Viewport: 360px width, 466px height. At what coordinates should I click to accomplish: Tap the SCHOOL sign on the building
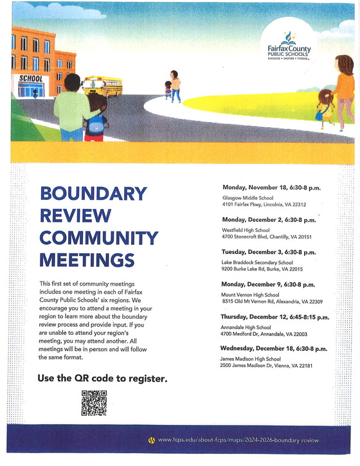pos(31,78)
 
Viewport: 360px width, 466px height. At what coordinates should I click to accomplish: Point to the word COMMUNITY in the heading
pos(98,238)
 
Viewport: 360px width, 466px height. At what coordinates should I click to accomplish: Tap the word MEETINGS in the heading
pos(87,260)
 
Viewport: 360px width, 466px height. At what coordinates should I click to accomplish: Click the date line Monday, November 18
pos(271,188)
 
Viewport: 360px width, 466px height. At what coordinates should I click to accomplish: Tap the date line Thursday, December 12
pos(274,317)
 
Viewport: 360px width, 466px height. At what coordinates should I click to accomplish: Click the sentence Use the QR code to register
pos(103,379)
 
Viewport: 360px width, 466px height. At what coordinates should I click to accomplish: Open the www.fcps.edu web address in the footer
pos(238,440)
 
